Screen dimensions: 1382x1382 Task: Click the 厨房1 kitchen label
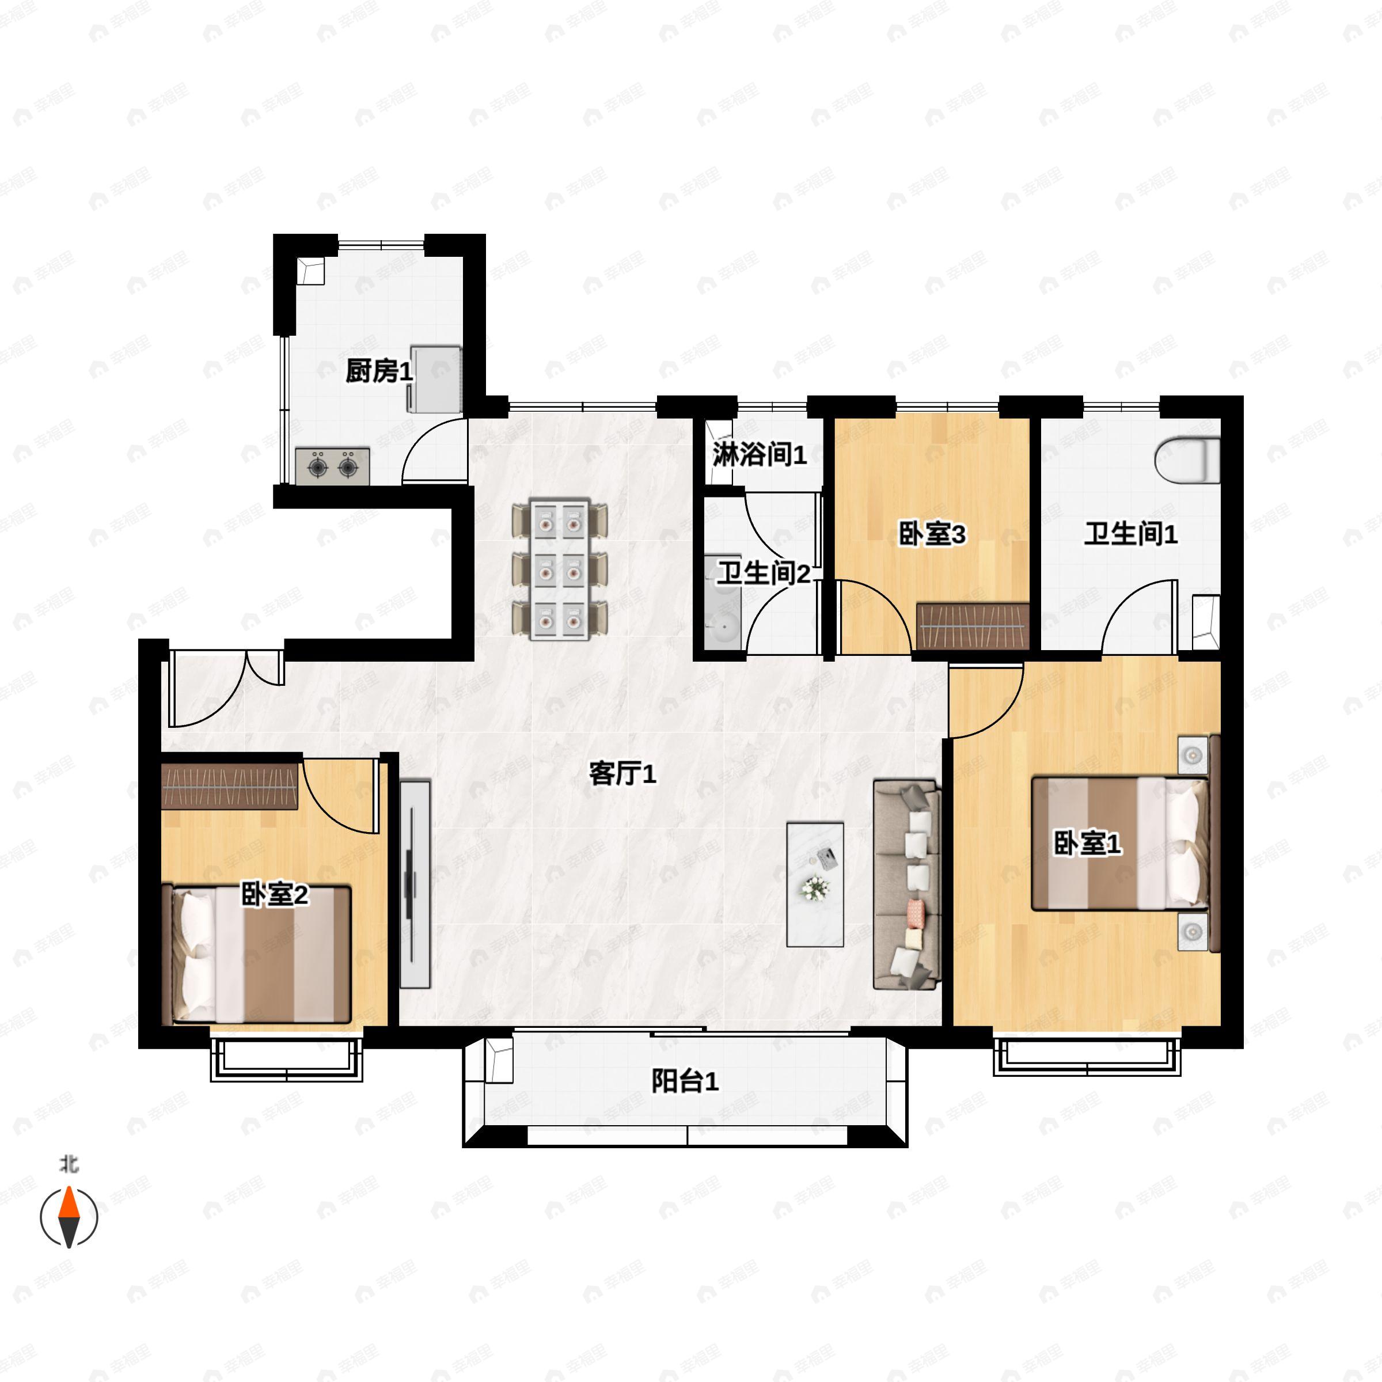click(379, 371)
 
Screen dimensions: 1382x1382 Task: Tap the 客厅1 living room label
click(622, 773)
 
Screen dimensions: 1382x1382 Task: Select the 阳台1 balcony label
click(685, 1081)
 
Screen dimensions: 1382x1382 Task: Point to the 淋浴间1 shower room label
click(759, 454)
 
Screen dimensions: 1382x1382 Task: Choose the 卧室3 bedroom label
click(932, 534)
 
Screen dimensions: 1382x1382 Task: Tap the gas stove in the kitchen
click(333, 466)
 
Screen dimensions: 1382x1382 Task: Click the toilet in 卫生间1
click(1187, 460)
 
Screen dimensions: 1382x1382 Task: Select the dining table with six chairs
click(560, 569)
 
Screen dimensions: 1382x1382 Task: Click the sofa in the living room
click(906, 885)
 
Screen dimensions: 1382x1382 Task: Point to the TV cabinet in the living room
click(415, 885)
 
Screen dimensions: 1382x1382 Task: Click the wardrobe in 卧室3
click(973, 627)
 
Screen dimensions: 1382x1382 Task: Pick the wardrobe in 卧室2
click(230, 786)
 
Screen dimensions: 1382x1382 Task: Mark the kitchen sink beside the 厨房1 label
click(434, 379)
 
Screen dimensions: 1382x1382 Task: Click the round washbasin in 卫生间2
click(721, 631)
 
